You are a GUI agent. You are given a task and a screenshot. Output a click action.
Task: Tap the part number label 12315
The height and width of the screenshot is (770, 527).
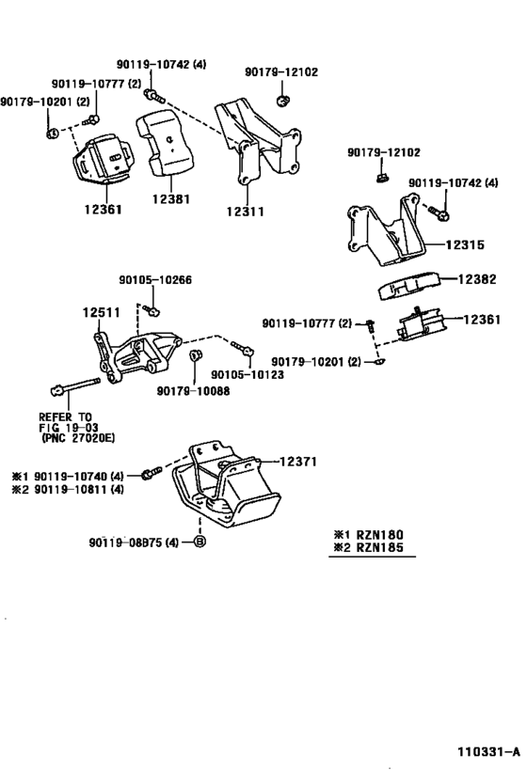point(466,244)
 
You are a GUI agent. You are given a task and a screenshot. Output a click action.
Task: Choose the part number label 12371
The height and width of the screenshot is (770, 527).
point(301,461)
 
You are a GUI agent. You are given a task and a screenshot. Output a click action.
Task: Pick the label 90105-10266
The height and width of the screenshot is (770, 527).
point(155,280)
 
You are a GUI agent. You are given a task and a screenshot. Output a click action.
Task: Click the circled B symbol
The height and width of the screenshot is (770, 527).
point(200,542)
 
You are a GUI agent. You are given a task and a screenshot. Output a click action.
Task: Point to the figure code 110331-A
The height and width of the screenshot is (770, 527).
point(487,751)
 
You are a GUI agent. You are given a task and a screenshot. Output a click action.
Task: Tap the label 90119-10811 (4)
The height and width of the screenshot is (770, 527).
point(72,489)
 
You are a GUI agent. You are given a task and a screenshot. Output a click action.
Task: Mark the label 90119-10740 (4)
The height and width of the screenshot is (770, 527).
point(72,476)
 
